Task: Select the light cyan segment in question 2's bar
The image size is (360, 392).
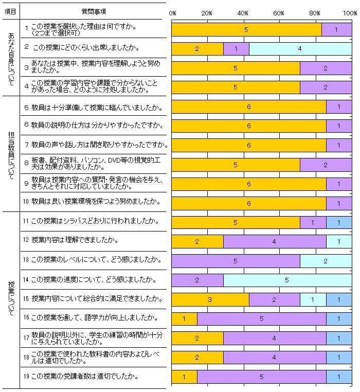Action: (300, 49)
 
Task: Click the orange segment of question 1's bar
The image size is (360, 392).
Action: (246, 30)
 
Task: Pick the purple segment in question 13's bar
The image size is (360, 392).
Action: (236, 261)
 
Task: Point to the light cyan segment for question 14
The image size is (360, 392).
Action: (287, 280)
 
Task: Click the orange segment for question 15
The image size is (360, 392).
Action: (210, 300)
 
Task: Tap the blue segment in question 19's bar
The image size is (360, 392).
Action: (339, 377)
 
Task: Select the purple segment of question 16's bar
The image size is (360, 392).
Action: (261, 319)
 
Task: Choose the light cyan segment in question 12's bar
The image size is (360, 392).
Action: (339, 242)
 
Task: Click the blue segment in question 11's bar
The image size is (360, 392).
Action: (339, 222)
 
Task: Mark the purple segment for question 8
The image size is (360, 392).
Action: (326, 165)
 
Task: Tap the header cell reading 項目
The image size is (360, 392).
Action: (10, 11)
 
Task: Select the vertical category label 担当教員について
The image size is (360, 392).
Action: (11, 153)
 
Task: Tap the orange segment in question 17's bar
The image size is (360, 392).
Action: (197, 338)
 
